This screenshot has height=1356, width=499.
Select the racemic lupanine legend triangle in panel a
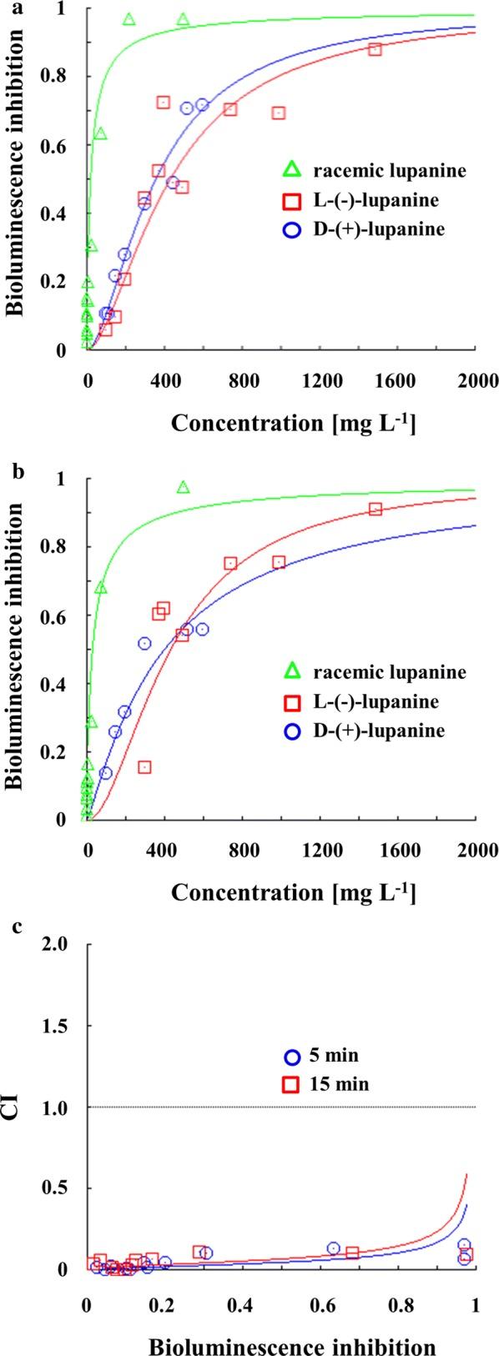tap(291, 172)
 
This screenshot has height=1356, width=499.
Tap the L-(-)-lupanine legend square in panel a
tap(291, 200)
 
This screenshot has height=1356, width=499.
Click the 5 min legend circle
tap(291, 1057)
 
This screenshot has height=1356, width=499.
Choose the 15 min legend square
tap(291, 1084)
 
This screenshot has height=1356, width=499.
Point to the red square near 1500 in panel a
tap(375, 49)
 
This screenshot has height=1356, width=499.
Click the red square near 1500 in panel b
tap(376, 509)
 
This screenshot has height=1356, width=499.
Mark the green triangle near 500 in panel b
tap(184, 487)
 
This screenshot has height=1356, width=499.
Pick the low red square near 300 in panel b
tap(144, 767)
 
